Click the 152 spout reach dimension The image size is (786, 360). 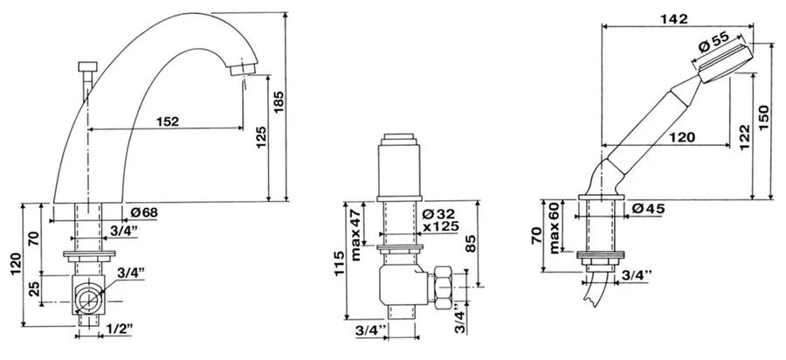point(167,121)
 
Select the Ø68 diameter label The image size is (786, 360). point(144,212)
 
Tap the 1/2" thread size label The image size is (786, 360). point(120,329)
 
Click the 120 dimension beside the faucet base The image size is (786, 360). point(15,264)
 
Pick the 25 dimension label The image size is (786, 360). point(34,289)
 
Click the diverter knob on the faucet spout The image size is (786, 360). point(88,66)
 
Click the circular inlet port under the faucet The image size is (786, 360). point(89,301)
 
